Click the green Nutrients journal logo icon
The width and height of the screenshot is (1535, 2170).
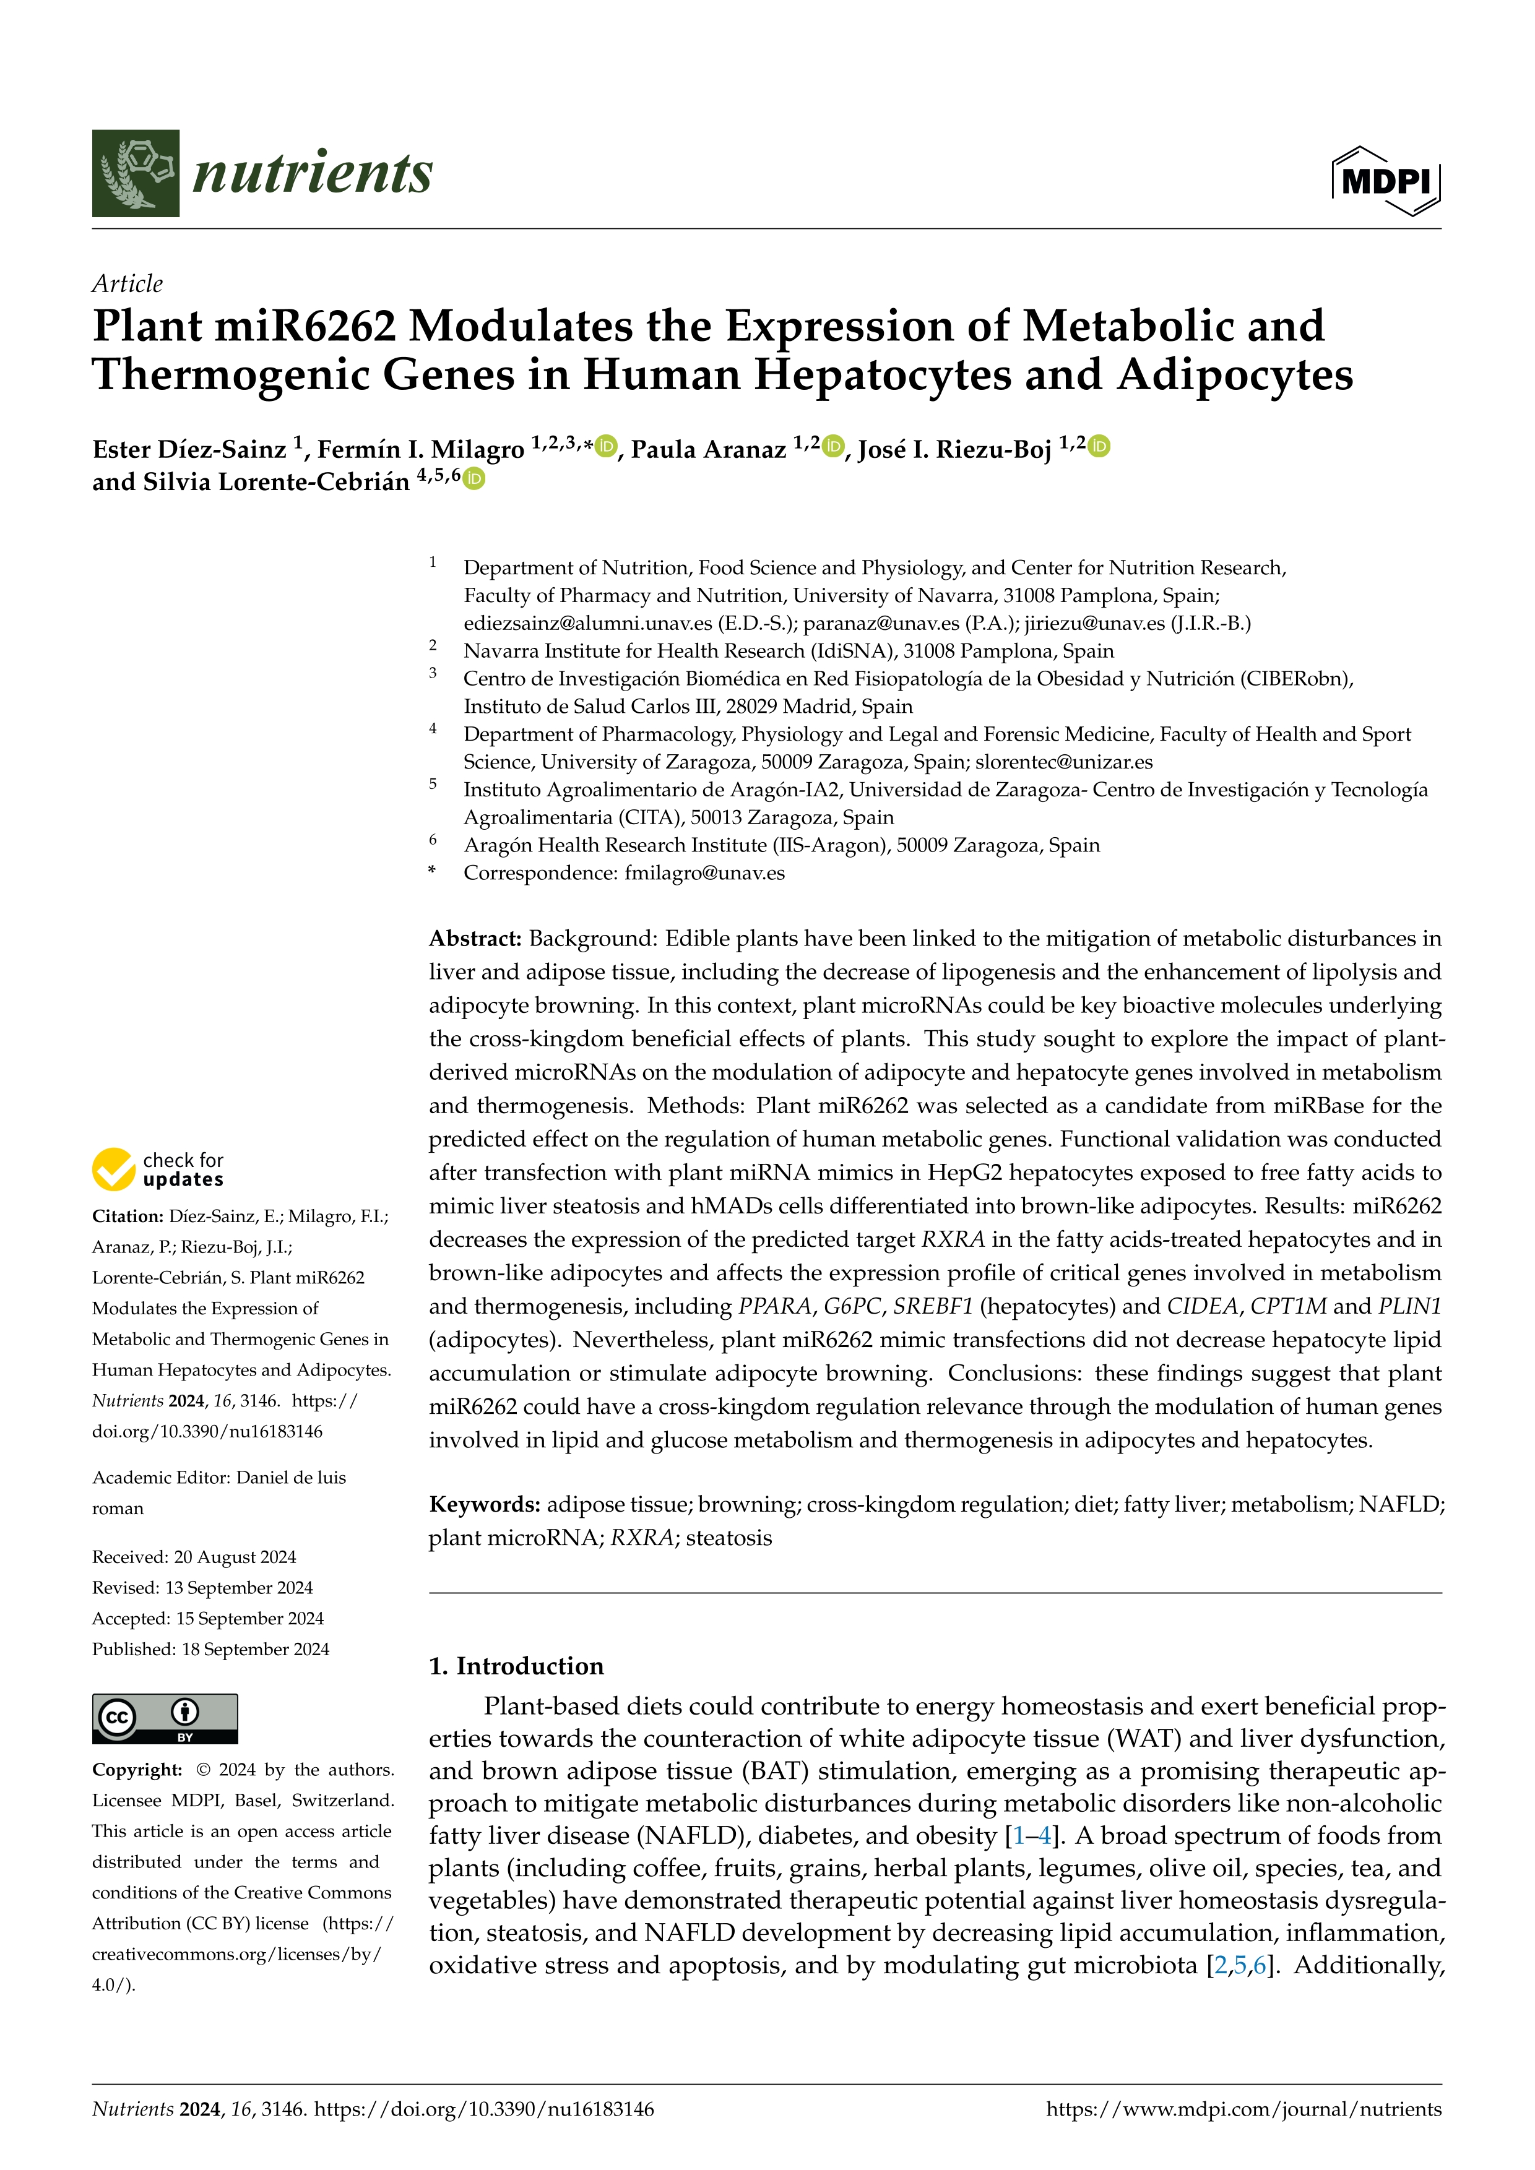click(x=135, y=173)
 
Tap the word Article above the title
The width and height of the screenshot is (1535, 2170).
click(x=127, y=283)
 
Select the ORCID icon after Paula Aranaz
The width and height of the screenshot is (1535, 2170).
click(x=832, y=446)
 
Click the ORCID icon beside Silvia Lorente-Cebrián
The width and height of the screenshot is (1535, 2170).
click(x=475, y=478)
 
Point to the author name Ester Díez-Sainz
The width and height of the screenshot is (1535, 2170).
click(x=189, y=450)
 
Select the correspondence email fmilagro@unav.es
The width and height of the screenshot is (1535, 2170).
click(x=704, y=873)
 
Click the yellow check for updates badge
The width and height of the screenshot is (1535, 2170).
click(x=158, y=1169)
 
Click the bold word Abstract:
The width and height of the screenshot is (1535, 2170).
click(x=475, y=939)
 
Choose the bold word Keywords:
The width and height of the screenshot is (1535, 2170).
click(x=484, y=1505)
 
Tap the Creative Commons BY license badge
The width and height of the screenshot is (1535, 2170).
click(x=165, y=1718)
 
